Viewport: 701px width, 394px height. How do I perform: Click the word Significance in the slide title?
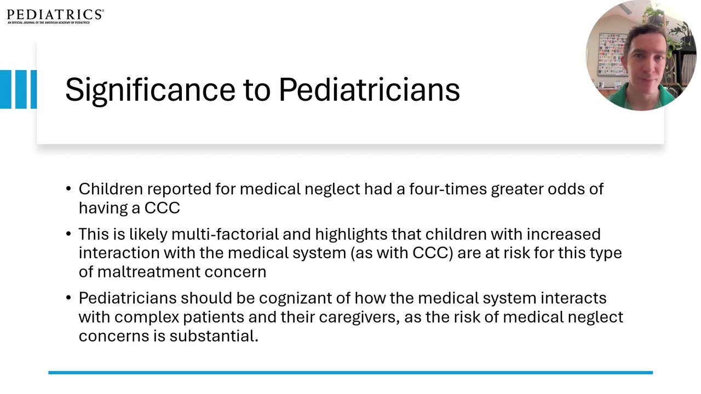pos(150,90)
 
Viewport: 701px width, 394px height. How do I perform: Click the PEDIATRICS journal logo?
pos(55,16)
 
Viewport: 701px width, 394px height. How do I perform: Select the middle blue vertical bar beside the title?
pos(21,89)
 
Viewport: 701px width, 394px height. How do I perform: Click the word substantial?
pos(214,336)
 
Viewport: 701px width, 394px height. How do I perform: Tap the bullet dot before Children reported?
pos(69,189)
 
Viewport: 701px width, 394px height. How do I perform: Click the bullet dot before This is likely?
pos(69,235)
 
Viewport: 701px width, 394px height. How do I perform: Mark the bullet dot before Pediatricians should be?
pos(69,298)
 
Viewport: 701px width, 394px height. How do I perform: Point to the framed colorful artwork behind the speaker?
pos(612,54)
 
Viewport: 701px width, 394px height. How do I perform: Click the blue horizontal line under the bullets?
pos(350,373)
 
